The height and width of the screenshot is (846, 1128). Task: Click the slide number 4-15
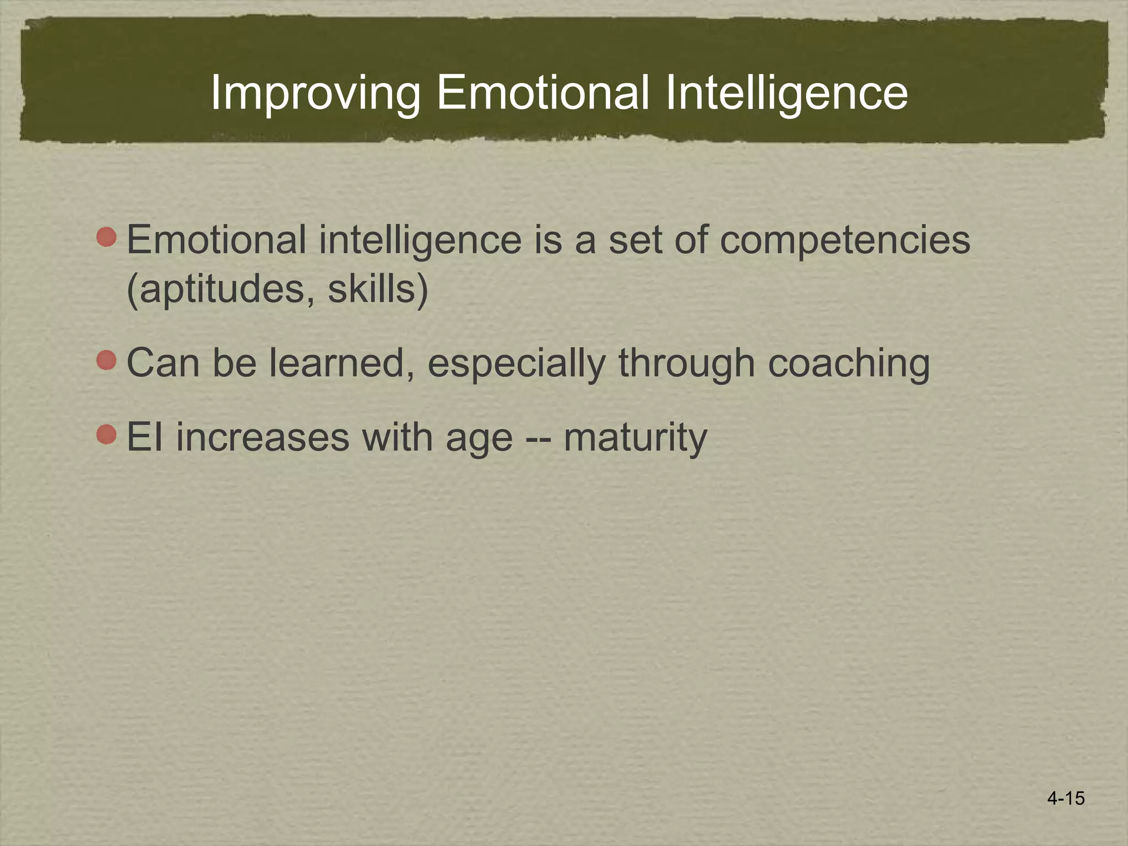tap(1066, 798)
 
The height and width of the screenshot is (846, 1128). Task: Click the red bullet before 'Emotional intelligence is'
tap(106, 237)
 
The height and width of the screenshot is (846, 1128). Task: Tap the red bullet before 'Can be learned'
tap(106, 361)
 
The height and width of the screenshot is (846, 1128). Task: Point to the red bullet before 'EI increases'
tap(106, 435)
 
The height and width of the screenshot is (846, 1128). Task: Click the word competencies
tap(845, 241)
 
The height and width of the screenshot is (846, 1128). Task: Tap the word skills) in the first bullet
tap(378, 289)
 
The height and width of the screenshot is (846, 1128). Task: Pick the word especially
tap(516, 364)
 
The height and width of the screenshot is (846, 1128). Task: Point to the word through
tap(686, 364)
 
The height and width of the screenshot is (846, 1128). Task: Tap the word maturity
tap(635, 438)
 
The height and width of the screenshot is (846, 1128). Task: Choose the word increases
tap(263, 438)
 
